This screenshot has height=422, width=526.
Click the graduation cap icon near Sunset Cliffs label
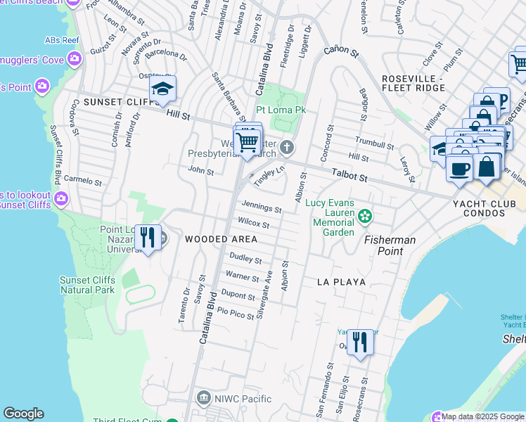pyautogui.click(x=162, y=89)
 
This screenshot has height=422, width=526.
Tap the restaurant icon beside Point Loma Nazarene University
pyautogui.click(x=146, y=238)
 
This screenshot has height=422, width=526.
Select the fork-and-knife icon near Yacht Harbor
pyautogui.click(x=360, y=343)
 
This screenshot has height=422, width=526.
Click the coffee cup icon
pyautogui.click(x=458, y=170)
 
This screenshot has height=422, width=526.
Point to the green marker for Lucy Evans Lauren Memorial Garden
pyautogui.click(x=364, y=215)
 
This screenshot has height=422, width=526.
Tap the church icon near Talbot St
pyautogui.click(x=286, y=148)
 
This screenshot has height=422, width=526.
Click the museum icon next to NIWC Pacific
pyautogui.click(x=204, y=399)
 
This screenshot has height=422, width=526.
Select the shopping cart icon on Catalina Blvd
pyautogui.click(x=247, y=141)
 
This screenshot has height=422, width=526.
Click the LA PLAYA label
pyautogui.click(x=341, y=282)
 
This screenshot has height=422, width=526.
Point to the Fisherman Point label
pyautogui.click(x=390, y=245)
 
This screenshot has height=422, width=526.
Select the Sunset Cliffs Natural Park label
pyautogui.click(x=86, y=284)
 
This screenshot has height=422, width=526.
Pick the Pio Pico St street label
pyautogui.click(x=236, y=314)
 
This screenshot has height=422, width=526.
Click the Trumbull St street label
pyautogui.click(x=374, y=143)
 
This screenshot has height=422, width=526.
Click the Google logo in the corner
pyautogui.click(x=23, y=414)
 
